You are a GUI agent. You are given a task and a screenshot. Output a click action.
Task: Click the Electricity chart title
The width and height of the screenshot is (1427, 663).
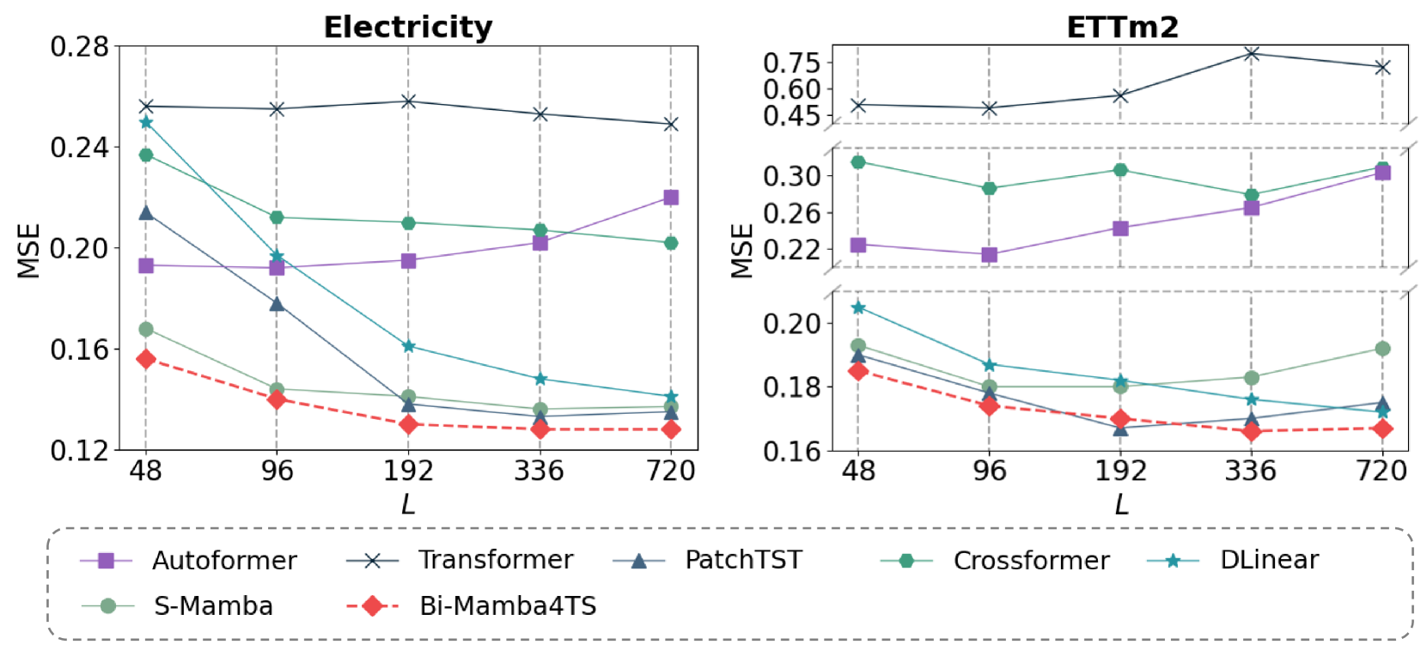[408, 27]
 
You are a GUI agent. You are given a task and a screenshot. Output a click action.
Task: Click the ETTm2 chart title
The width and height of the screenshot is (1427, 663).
[1122, 27]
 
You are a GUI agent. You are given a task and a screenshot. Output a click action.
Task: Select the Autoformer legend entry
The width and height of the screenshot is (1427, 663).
[223, 561]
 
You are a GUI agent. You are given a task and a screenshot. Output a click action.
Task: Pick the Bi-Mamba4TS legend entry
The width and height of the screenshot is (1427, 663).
[507, 606]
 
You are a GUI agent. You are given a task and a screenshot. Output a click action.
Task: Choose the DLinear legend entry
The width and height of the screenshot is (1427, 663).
[1268, 560]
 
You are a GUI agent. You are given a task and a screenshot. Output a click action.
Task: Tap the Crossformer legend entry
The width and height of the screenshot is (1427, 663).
[1030, 561]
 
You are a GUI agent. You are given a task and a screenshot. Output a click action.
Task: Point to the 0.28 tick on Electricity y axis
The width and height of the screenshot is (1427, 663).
[80, 46]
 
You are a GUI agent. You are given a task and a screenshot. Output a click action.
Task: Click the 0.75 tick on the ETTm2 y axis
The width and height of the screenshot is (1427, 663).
[791, 63]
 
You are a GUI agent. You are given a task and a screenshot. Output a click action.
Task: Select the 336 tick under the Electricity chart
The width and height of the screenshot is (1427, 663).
[540, 471]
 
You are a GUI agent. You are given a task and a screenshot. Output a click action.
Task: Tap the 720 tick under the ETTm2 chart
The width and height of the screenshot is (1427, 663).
[1381, 471]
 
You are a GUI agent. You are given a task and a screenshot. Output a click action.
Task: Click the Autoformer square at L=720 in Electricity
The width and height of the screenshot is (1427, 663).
[671, 198]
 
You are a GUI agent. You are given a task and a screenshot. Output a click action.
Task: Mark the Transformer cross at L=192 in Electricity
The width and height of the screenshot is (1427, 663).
[408, 101]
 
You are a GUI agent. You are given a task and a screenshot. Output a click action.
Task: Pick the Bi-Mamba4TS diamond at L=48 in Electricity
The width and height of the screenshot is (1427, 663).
[145, 359]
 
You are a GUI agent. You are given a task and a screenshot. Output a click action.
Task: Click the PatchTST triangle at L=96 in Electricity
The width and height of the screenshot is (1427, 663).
[277, 303]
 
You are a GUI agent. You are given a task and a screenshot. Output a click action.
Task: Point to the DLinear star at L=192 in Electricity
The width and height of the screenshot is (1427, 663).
[408, 346]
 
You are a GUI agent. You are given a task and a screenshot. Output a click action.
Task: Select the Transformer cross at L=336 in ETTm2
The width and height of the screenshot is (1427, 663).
[1251, 53]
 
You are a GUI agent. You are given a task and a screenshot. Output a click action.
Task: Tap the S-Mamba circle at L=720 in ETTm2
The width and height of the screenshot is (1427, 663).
[1382, 349]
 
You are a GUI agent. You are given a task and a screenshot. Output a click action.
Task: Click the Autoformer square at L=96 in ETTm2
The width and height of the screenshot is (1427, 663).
[989, 255]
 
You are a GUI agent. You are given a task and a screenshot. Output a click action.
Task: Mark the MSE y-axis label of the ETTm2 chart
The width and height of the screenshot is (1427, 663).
[741, 251]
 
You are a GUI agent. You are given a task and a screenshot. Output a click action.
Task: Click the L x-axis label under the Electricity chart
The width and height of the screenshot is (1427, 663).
[408, 504]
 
